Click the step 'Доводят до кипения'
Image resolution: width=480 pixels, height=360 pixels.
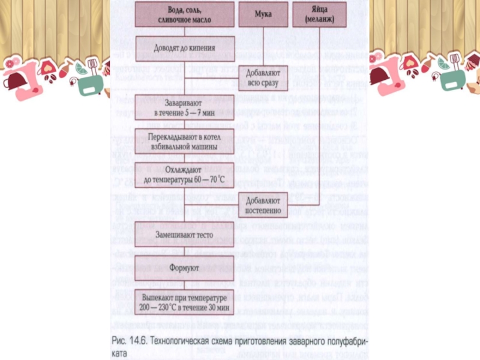click(x=184, y=44)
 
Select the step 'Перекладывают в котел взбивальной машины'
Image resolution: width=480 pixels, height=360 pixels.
click(x=184, y=141)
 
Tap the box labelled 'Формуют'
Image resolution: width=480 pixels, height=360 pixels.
click(x=184, y=267)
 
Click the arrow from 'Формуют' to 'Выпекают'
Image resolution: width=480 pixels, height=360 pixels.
click(x=184, y=283)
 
